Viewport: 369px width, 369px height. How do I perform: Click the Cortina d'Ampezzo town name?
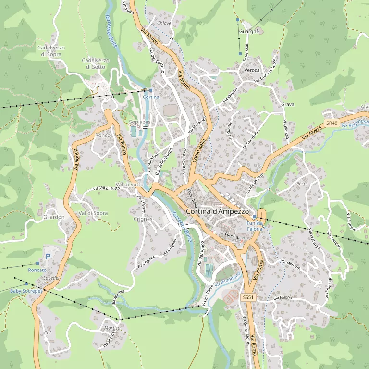pyautogui.click(x=217, y=211)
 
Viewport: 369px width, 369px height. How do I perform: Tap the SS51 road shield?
pyautogui.click(x=247, y=297)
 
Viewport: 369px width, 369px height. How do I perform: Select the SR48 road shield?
pyautogui.click(x=332, y=123)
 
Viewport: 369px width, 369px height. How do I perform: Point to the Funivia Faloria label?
pyautogui.click(x=255, y=226)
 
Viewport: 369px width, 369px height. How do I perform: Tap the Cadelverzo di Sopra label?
pyautogui.click(x=50, y=51)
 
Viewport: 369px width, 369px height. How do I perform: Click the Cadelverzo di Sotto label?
pyautogui.click(x=96, y=63)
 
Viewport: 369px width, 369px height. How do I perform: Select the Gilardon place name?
pyautogui.click(x=54, y=217)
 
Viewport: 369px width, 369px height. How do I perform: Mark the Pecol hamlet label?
pyautogui.click(x=302, y=184)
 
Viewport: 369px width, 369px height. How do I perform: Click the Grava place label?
pyautogui.click(x=287, y=104)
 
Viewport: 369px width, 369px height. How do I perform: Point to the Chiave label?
pyautogui.click(x=164, y=23)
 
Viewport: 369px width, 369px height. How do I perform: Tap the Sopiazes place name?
pyautogui.click(x=140, y=122)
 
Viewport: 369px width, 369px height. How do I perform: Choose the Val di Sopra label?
pyautogui.click(x=93, y=213)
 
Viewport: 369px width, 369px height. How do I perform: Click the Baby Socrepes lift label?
pyautogui.click(x=26, y=291)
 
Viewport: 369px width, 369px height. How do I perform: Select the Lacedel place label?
pyautogui.click(x=51, y=278)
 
